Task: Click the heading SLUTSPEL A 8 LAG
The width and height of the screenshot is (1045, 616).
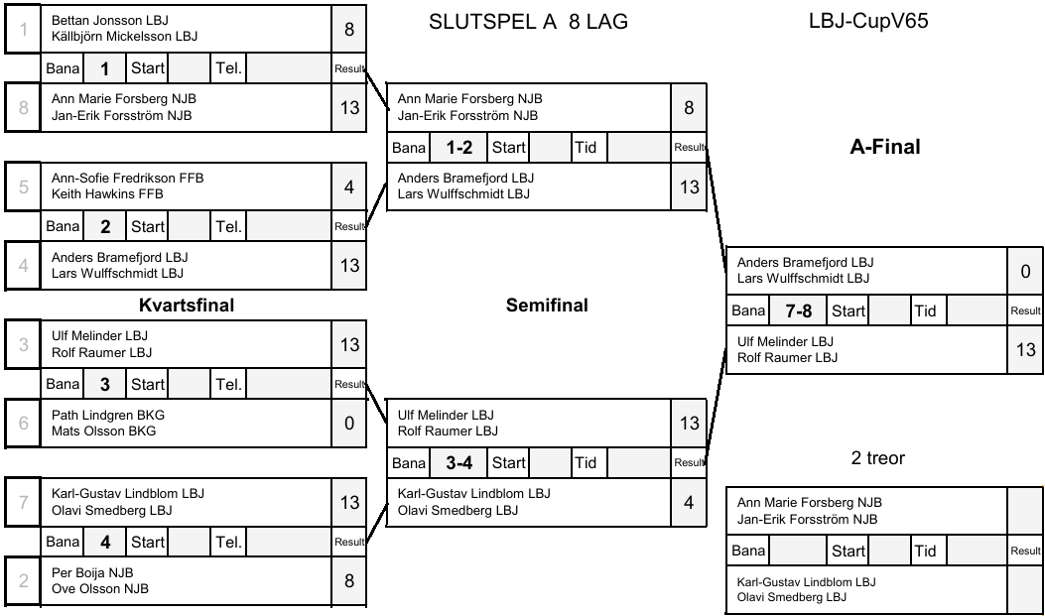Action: point(528,22)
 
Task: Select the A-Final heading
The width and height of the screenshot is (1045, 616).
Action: point(885,147)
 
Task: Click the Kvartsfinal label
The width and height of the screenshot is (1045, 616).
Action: point(187,305)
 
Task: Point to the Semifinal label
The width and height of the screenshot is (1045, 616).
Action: point(547,305)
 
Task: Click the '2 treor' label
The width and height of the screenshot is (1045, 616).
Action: point(877,458)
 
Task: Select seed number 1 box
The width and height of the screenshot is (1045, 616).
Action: point(23,29)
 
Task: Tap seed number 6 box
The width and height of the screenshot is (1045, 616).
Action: point(23,423)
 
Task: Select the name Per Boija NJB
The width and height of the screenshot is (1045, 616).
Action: point(92,572)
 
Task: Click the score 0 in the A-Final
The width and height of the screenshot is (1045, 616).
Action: point(1025,271)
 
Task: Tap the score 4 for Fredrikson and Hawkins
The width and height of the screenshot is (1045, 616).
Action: point(349,186)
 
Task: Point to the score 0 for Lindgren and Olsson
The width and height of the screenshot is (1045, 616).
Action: point(349,424)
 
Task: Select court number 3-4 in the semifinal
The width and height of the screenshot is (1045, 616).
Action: point(457,462)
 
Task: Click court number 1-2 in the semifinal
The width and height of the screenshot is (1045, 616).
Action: point(457,147)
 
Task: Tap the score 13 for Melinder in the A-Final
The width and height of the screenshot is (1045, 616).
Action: point(1025,349)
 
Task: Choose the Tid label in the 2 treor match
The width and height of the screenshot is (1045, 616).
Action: point(925,551)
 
